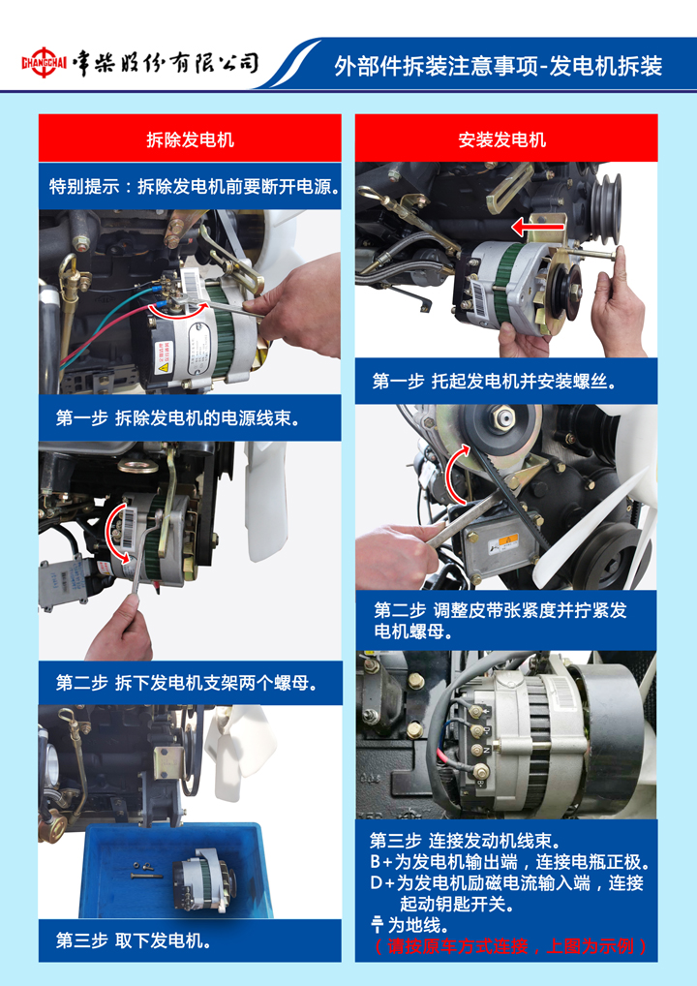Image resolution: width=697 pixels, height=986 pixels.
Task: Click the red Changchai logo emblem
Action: (x=44, y=62)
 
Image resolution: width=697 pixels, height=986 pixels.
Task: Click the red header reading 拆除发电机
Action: (x=190, y=139)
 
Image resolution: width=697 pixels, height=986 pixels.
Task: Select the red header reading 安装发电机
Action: (x=506, y=139)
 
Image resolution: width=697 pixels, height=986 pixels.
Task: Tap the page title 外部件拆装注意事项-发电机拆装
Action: (x=498, y=66)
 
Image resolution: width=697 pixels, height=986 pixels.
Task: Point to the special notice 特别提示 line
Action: (x=195, y=187)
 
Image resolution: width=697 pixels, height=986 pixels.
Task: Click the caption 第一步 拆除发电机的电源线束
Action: (x=177, y=418)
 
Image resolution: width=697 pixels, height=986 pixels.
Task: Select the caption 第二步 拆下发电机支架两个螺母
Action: (x=186, y=683)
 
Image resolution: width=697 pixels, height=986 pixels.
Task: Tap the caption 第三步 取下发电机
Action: (x=134, y=940)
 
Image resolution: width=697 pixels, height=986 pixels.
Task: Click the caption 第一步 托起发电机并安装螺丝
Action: (x=495, y=381)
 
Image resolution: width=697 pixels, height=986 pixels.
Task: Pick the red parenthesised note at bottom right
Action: (x=510, y=945)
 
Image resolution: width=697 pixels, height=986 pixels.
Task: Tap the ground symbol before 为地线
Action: (x=378, y=924)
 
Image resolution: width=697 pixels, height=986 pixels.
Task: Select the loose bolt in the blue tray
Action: (x=147, y=876)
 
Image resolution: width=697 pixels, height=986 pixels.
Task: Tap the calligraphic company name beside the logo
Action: (x=165, y=63)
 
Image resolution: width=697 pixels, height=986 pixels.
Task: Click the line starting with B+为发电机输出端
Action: (x=510, y=861)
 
